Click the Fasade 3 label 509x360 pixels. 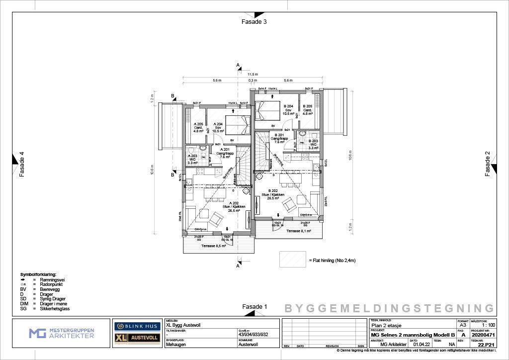254,22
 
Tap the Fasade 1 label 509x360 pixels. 254,307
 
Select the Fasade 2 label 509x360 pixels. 488,164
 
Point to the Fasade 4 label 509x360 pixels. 21,164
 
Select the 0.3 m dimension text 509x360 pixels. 253,80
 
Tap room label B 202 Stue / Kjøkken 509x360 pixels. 273,194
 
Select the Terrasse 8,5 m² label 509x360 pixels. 214,246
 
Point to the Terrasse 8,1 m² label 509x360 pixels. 299,231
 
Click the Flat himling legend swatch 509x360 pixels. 292,259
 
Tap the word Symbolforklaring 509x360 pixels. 38,274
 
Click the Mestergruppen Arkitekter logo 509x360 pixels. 61,333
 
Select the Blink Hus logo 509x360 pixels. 137,326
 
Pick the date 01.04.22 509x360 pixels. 421,344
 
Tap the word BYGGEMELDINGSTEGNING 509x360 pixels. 389,308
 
